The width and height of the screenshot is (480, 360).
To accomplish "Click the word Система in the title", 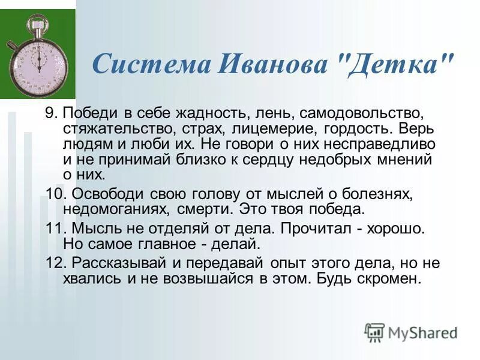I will [x=150, y=63].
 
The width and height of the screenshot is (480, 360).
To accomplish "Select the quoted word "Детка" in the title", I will [x=394, y=63].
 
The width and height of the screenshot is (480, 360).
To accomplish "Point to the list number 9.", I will [x=50, y=113].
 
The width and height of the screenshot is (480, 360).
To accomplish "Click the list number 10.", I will [x=54, y=194].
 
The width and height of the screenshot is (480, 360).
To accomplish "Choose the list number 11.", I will [x=53, y=229].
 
